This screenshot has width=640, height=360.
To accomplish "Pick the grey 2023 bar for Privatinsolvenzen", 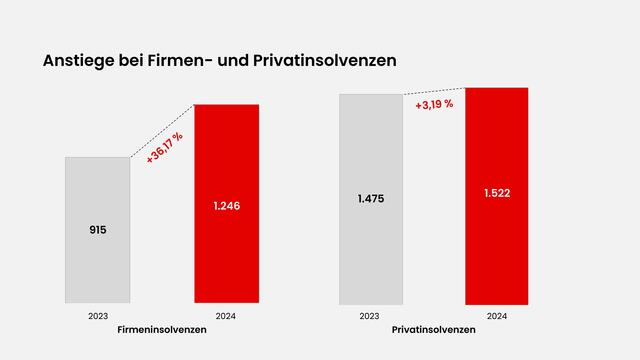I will pyautogui.click(x=370, y=250).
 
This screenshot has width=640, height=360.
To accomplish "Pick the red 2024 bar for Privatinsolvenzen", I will pyautogui.click(x=497, y=250).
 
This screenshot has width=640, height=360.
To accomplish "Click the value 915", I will pyautogui.click(x=97, y=230).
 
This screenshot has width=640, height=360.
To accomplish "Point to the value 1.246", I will pyautogui.click(x=226, y=206).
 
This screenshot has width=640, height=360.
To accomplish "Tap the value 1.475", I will pyautogui.click(x=370, y=199).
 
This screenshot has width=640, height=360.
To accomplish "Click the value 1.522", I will pyautogui.click(x=497, y=194).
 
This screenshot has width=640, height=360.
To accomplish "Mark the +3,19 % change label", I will pyautogui.click(x=433, y=103).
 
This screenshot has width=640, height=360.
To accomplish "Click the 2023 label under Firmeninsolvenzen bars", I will pyautogui.click(x=97, y=315).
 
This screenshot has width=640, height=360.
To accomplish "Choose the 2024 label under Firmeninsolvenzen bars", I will pyautogui.click(x=226, y=315).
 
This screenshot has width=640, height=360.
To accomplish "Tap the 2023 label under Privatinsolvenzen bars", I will pyautogui.click(x=370, y=315).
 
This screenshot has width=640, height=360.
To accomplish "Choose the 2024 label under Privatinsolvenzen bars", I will pyautogui.click(x=497, y=315).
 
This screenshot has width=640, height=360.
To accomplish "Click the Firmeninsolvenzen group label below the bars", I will pyautogui.click(x=162, y=329).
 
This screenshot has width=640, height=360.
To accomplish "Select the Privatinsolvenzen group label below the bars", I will pyautogui.click(x=433, y=329).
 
